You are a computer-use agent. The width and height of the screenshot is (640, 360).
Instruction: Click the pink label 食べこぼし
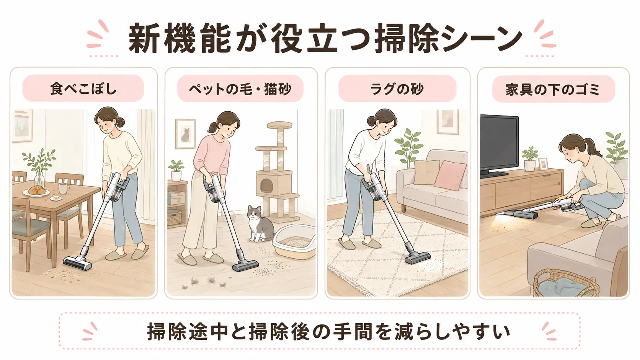[83, 88]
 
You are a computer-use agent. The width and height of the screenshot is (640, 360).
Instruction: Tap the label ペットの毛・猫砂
[240, 88]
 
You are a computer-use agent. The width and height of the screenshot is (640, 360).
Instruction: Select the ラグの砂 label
[397, 88]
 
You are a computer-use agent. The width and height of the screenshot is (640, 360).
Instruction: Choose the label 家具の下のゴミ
[553, 89]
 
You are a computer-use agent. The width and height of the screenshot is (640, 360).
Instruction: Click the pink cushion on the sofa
[450, 175]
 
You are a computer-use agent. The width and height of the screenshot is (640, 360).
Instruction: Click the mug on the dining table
[63, 189]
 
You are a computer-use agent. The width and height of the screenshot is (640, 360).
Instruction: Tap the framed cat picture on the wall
[185, 134]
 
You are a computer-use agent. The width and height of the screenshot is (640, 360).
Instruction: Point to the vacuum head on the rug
[418, 257]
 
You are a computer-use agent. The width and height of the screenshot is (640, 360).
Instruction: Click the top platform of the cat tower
[280, 125]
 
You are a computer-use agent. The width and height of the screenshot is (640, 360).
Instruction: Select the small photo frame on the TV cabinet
[543, 164]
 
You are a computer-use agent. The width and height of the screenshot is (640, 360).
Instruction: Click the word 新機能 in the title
[180, 38]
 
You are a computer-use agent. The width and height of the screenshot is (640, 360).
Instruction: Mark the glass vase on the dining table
[39, 179]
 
